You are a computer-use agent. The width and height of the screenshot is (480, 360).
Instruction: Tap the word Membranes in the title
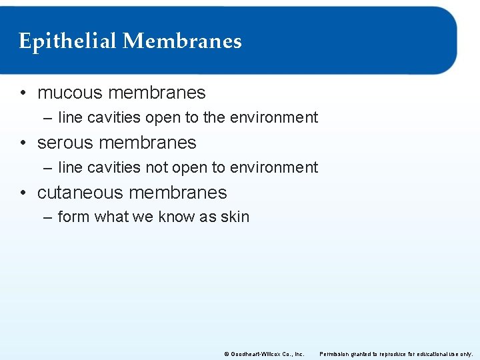tap(182, 42)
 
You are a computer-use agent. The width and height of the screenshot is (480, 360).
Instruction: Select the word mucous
tap(70, 93)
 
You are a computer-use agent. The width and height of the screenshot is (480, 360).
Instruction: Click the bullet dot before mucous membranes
tap(23, 93)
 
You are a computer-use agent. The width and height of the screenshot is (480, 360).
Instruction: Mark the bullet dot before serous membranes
tap(23, 143)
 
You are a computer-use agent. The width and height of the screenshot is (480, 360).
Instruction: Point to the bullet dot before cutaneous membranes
tap(23, 193)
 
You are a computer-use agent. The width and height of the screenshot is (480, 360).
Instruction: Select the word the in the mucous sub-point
tap(214, 118)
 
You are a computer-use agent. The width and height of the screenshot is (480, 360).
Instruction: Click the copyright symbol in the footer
tap(227, 354)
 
